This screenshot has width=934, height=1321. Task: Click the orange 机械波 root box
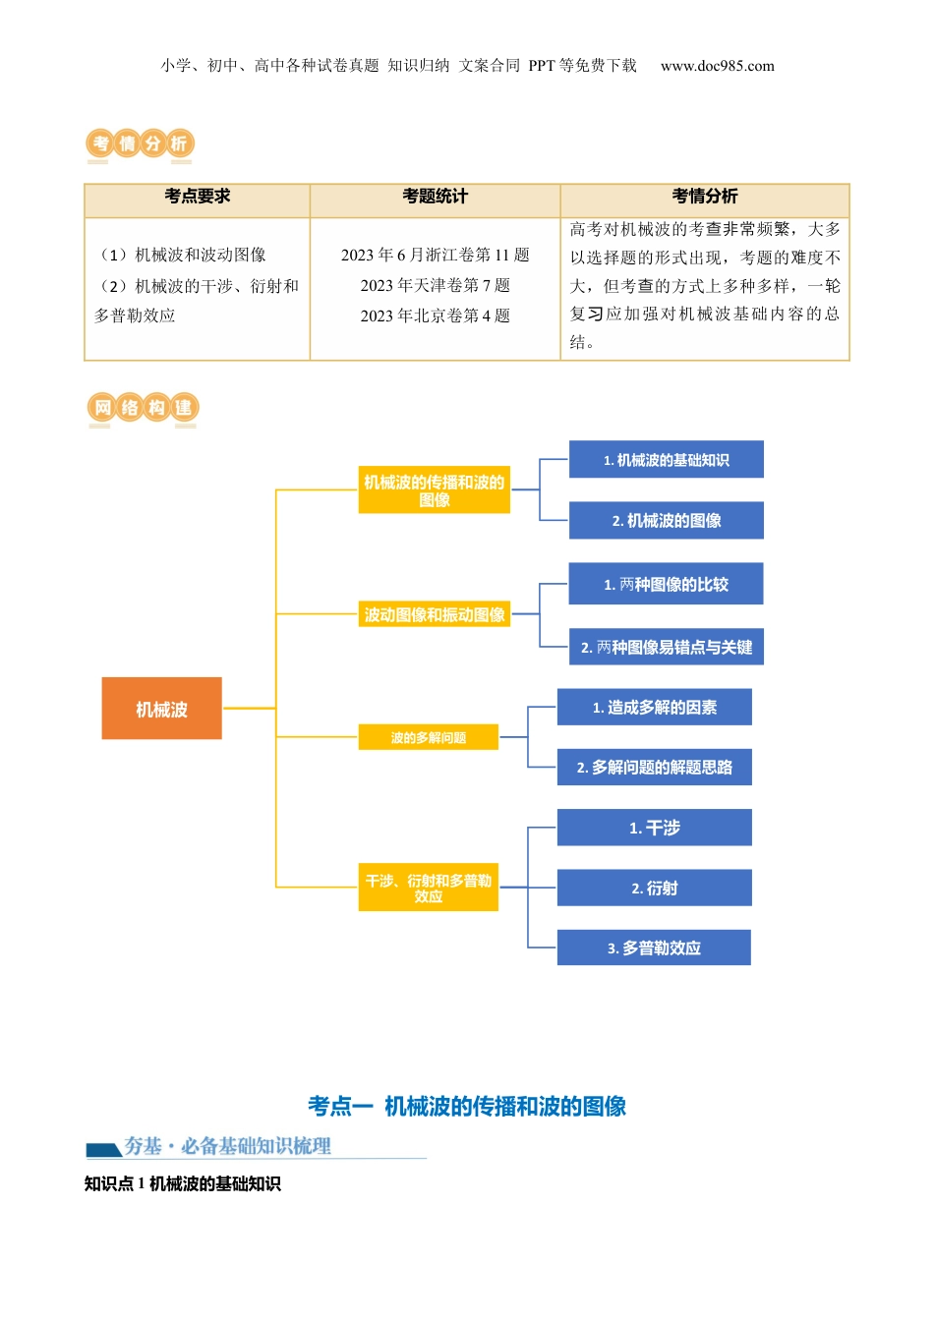(161, 708)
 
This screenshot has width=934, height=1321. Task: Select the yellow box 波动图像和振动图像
(435, 614)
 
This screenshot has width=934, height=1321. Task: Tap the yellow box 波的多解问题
(428, 737)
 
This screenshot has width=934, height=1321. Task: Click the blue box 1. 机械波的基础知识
(666, 459)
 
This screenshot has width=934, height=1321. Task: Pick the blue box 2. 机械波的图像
(666, 520)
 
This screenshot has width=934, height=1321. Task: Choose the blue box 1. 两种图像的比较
(666, 584)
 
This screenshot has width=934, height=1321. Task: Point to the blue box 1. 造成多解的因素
(654, 707)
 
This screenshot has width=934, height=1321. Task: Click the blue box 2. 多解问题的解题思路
(654, 767)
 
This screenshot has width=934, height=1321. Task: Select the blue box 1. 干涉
(654, 828)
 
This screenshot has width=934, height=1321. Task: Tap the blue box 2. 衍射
(654, 888)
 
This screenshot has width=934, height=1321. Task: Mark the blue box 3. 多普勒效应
(654, 948)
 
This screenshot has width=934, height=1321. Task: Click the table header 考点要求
(198, 197)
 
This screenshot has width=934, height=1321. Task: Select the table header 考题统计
(435, 197)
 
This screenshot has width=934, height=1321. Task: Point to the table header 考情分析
(704, 197)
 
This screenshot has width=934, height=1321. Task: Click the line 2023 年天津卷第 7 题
(435, 285)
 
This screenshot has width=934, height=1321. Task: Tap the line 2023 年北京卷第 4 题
(435, 316)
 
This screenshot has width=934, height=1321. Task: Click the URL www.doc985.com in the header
(717, 66)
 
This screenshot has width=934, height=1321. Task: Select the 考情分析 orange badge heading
(140, 144)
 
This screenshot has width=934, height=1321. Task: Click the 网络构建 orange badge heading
(143, 407)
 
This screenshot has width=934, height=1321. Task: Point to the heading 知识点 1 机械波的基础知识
(183, 1183)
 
